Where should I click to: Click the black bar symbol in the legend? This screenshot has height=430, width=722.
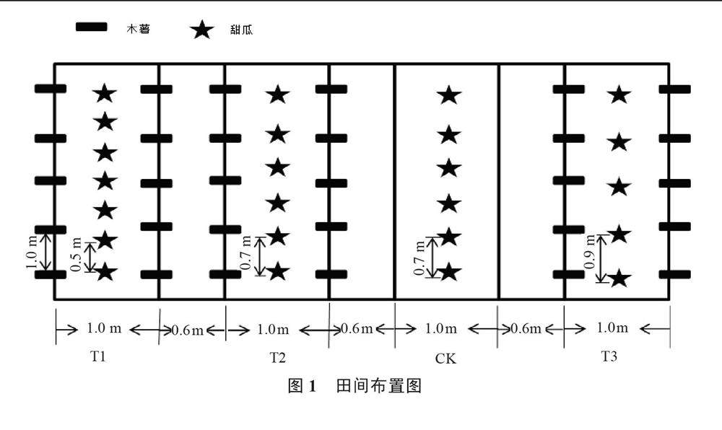[92, 27]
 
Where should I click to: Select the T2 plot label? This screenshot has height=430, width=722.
[278, 356]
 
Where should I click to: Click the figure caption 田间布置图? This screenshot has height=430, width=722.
[378, 386]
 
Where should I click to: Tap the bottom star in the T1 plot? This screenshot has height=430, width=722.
[105, 272]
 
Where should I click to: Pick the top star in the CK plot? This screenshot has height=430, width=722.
[449, 95]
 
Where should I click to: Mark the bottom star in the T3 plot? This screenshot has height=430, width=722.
[618, 278]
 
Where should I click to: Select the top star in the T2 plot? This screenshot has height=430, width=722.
[278, 94]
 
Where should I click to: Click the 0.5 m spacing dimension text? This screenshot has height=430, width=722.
[77, 256]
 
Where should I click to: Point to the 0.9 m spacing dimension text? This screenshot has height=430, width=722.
[590, 258]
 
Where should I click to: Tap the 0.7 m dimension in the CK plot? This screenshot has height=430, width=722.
[419, 256]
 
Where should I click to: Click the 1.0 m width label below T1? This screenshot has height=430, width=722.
[105, 329]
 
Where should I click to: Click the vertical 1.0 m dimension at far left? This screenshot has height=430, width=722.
[32, 251]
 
